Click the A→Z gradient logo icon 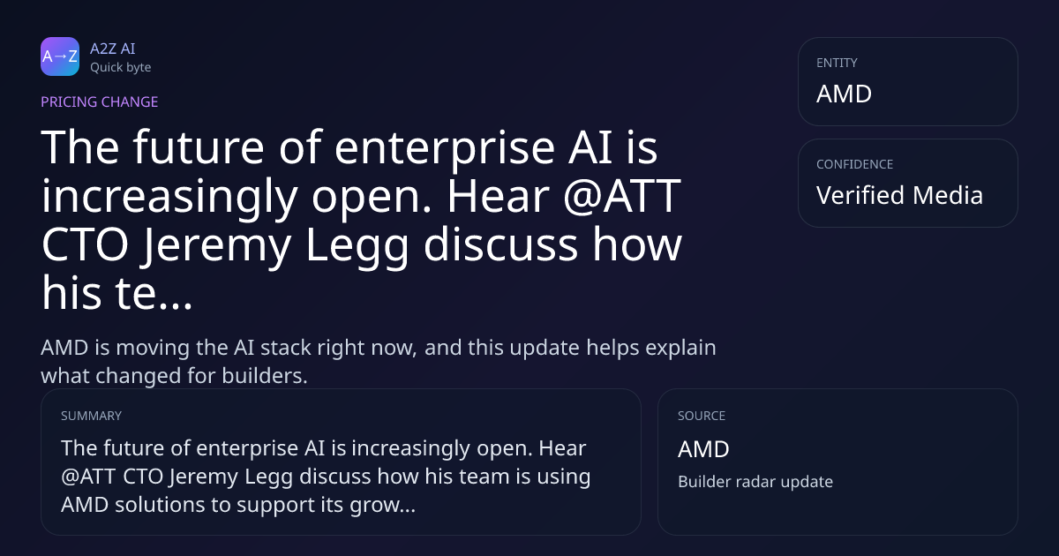click(x=60, y=56)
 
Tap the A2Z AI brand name click(x=113, y=49)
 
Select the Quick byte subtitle click(x=121, y=68)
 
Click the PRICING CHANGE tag click(x=99, y=102)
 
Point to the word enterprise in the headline click(x=445, y=148)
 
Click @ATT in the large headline click(x=622, y=196)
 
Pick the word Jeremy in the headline click(x=217, y=246)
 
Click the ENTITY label click(x=837, y=63)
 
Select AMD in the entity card click(x=844, y=94)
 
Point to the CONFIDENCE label click(x=855, y=164)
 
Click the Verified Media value click(x=899, y=195)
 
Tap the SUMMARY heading click(x=91, y=416)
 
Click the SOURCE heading click(x=702, y=416)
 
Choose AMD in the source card click(x=703, y=449)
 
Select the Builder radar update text click(x=755, y=482)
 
